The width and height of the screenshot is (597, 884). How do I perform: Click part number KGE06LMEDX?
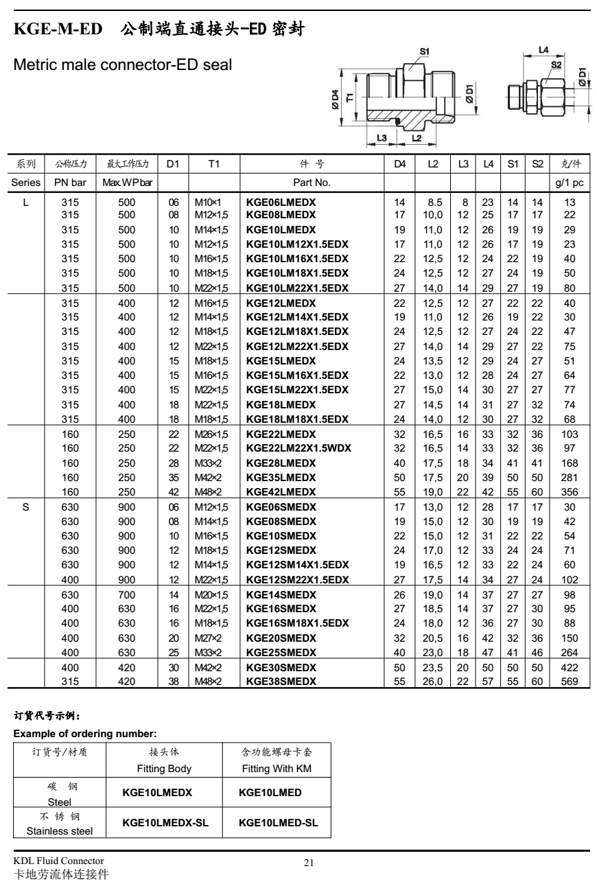(281, 203)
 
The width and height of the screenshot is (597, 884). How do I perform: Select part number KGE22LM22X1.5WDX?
(299, 447)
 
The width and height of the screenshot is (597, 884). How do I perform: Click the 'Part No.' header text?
(312, 183)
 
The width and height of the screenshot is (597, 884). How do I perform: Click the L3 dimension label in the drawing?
(382, 138)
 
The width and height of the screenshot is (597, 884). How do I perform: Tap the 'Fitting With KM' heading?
(277, 768)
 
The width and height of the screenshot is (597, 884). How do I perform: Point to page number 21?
(308, 863)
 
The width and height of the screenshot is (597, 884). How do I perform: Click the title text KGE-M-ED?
(58, 30)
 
